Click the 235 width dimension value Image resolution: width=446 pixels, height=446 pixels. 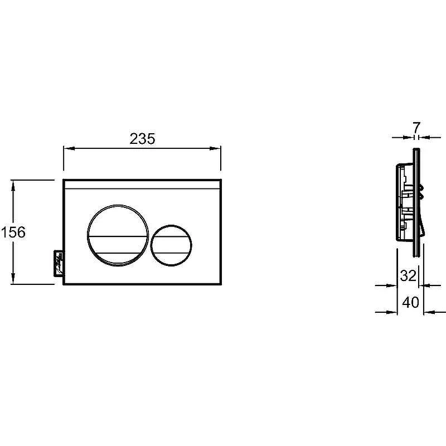(143, 139)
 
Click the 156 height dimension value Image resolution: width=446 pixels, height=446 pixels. (13, 232)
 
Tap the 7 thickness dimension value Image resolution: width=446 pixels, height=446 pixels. (416, 128)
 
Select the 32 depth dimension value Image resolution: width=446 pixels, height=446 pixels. (408, 275)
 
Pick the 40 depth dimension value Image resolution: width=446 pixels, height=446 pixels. (410, 302)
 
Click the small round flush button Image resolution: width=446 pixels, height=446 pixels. (171, 245)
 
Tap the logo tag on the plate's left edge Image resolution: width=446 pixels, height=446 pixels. (59, 263)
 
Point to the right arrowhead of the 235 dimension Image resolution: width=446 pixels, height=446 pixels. (215, 148)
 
